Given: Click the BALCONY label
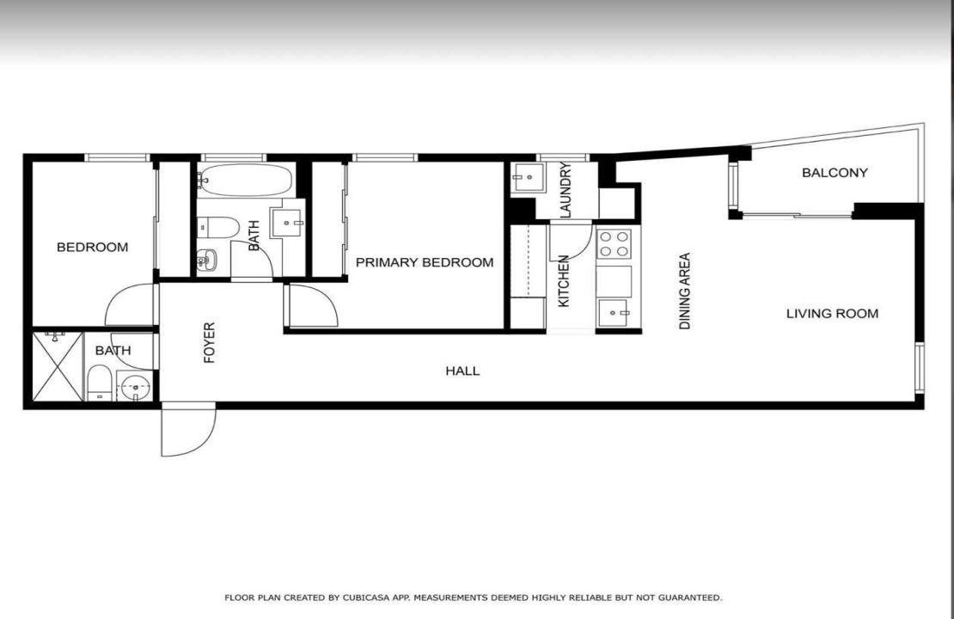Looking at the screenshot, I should [835, 173].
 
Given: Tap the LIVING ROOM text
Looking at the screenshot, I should [832, 314].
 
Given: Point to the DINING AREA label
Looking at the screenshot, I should [685, 291].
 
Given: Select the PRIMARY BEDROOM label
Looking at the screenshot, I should [425, 262].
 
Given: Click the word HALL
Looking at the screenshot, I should [462, 371].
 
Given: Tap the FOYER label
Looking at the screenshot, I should [209, 342].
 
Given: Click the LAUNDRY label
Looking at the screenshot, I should [565, 189].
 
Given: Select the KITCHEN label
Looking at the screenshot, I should [564, 281].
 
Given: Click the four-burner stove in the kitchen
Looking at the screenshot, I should [615, 244].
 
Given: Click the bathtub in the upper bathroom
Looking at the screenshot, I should [246, 181].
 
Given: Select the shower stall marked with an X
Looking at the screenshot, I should [58, 366].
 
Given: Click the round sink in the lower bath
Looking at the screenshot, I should [134, 387].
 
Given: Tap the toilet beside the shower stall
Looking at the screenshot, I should [99, 383].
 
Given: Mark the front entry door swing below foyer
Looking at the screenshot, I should [187, 430].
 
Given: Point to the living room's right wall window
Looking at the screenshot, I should [919, 368].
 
